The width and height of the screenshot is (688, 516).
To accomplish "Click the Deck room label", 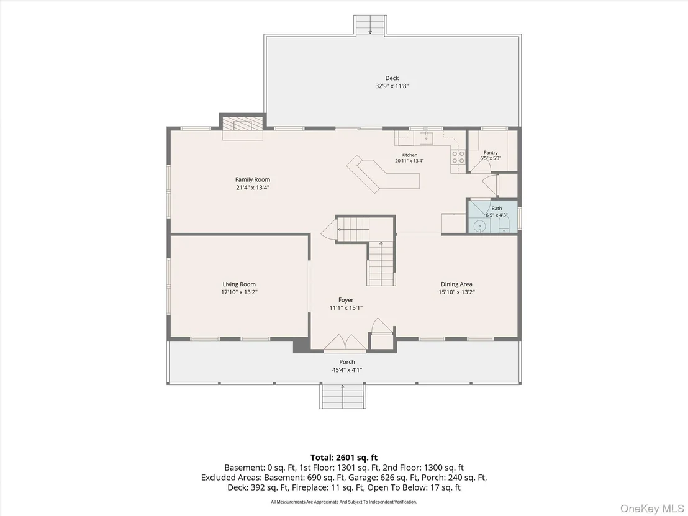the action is coord(392,78).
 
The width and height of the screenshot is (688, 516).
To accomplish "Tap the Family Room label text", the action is coord(253,179).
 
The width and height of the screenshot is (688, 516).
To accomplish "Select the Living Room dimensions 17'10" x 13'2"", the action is coord(239,292).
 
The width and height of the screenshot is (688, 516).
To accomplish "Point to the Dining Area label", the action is coord(456,284).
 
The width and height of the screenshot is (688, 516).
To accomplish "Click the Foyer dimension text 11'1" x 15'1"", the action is coord(346,308).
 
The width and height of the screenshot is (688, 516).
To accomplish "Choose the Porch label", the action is coord(347,362).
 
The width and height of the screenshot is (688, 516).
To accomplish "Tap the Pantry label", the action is coord(491,153).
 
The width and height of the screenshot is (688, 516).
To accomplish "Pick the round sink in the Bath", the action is coord(481,227).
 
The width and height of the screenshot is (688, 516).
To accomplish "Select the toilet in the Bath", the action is coord(504,225).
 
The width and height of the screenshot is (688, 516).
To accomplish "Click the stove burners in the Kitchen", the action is coord(458,157).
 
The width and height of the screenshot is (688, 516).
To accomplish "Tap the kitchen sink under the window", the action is coord(425,138).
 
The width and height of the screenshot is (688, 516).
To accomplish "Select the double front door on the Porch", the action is coord(345,343).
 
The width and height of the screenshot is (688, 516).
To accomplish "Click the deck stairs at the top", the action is coord(370,25).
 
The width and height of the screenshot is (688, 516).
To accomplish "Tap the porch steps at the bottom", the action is coord(342,396).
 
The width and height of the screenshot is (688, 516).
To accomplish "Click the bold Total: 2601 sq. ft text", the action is coord(344,458).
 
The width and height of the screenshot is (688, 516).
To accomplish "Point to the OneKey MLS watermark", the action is coord(651,509).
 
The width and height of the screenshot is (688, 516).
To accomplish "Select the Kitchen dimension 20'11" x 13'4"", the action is coord(409,161).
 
